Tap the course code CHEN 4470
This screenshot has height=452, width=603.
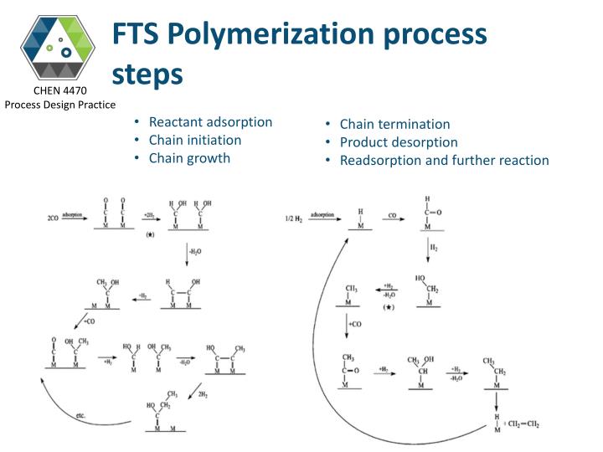59,90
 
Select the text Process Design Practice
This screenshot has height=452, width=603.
59,104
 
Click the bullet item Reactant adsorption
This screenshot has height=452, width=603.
210,122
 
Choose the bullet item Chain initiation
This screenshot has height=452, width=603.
194,140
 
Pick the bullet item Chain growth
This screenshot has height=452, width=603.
188,157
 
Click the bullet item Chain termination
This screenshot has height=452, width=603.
394,124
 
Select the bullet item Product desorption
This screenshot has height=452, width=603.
398,141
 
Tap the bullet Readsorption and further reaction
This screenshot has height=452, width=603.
444,160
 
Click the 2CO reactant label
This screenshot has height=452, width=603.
52,219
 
